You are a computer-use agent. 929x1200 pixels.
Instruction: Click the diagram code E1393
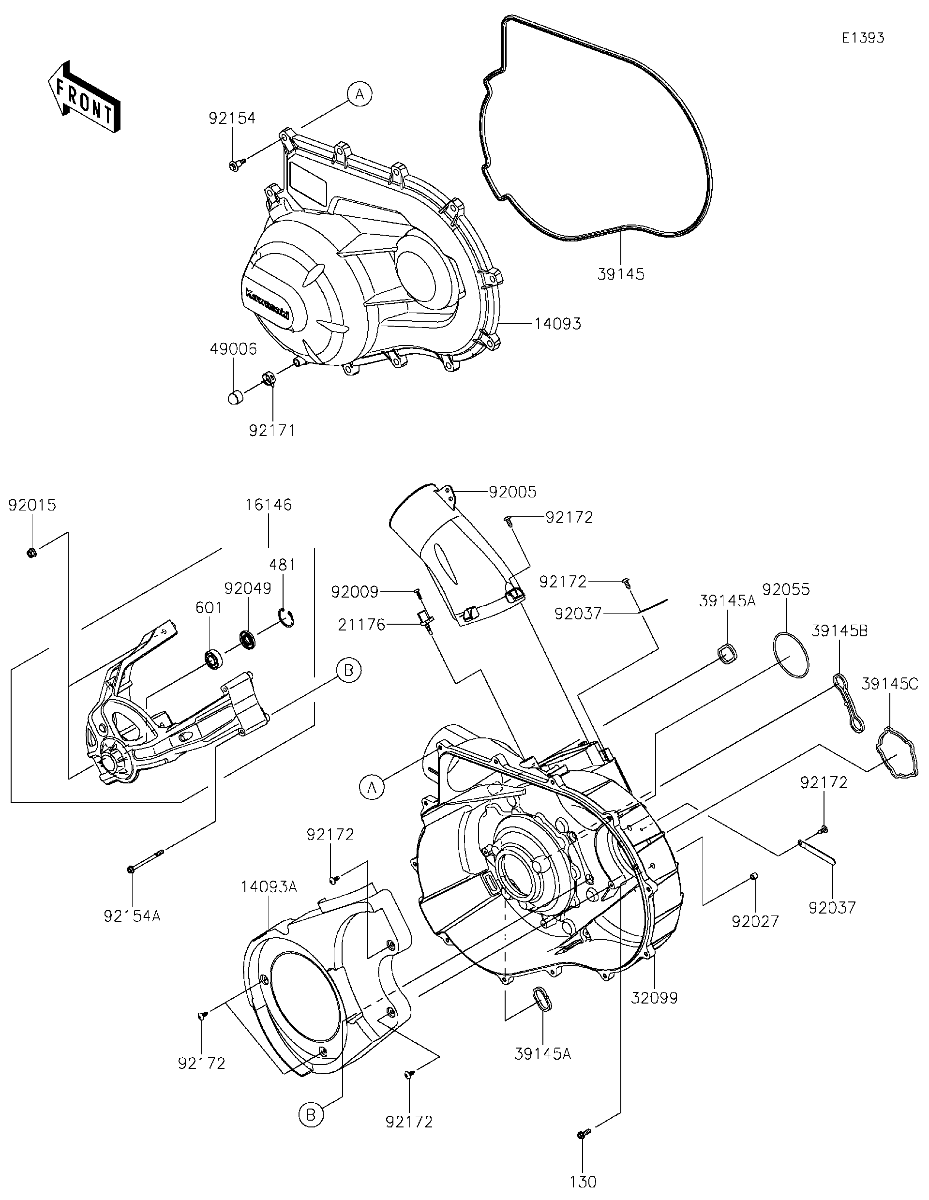coord(863,38)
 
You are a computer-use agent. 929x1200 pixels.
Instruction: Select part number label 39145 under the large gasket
coord(621,274)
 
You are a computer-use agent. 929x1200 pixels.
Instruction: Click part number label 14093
coord(557,324)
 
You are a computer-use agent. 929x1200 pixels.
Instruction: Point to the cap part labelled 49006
coord(235,397)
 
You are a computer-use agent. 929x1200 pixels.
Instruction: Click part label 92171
coord(272,431)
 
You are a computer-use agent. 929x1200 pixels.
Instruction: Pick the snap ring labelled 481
coord(286,617)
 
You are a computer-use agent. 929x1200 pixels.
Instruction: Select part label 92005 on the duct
coord(512,492)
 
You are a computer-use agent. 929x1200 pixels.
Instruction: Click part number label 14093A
coord(269,886)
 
